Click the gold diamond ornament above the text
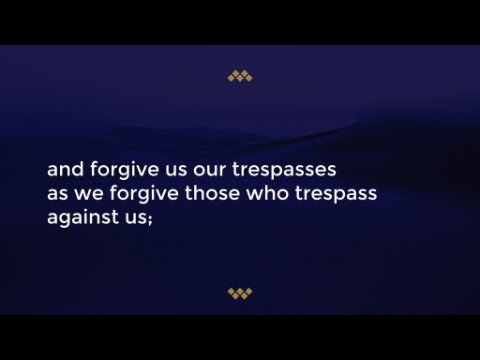tap(240, 76)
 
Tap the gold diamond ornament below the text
tap(240, 294)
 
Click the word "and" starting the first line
tap(66, 169)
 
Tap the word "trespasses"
tap(284, 170)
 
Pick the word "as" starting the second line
tap(58, 194)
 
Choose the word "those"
tap(212, 193)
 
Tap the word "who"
tap(267, 193)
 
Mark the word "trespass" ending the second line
tap(336, 194)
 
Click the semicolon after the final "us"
tap(150, 219)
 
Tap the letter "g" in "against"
tap(66, 220)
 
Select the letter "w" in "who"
tap(255, 194)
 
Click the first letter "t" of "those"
tap(189, 193)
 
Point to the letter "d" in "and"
tap(78, 169)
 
